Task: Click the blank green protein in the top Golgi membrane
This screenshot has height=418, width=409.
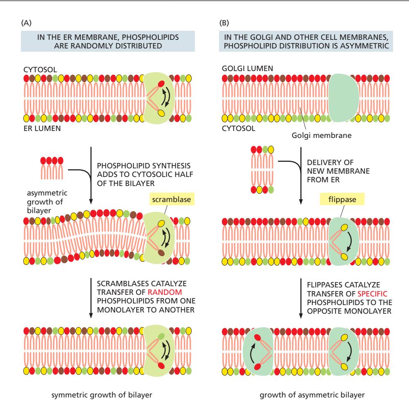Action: (344, 98)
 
